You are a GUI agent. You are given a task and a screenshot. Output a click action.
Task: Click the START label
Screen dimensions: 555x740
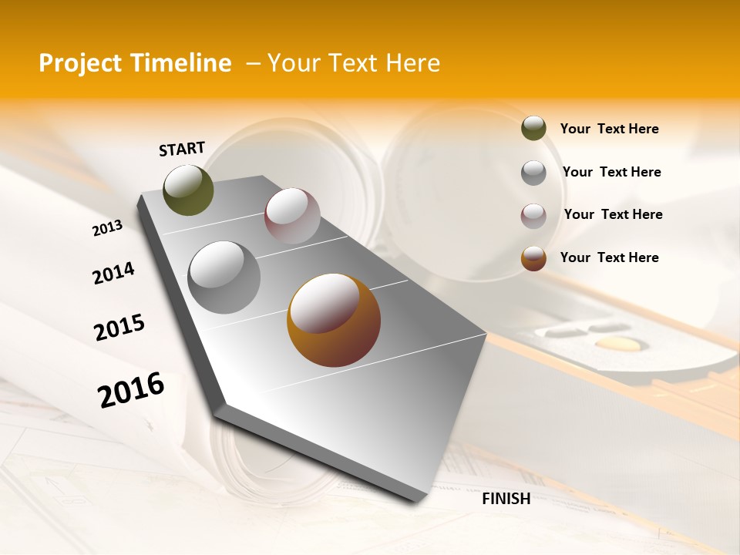tap(182, 149)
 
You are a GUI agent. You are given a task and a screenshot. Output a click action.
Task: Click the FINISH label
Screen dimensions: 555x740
tap(506, 498)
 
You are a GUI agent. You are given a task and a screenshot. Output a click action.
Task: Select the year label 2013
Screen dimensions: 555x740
tap(107, 228)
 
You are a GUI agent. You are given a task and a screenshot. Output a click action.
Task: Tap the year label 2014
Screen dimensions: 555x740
tap(113, 273)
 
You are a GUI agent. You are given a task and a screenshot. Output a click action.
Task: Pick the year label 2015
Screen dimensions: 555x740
tap(119, 328)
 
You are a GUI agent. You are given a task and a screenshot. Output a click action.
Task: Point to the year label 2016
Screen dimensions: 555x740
tap(131, 389)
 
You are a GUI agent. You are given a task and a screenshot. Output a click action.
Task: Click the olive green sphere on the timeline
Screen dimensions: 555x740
tap(188, 190)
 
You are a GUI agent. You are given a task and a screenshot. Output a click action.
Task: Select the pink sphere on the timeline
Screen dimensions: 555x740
tap(292, 216)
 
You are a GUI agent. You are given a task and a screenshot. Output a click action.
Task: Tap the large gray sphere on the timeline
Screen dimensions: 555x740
tap(224, 277)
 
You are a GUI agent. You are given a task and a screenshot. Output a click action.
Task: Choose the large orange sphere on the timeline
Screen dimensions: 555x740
tap(334, 320)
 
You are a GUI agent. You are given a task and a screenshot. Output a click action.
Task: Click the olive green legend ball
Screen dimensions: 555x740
tap(533, 129)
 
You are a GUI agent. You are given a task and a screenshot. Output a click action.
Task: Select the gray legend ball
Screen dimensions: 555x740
tap(533, 173)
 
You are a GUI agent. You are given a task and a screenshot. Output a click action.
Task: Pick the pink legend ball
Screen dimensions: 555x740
tap(533, 216)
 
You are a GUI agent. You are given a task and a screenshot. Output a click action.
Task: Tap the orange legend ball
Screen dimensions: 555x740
tap(533, 258)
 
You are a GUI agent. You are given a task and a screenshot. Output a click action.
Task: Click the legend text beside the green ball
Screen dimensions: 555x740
tap(609, 129)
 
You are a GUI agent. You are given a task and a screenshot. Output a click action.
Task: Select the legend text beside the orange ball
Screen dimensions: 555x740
tap(609, 257)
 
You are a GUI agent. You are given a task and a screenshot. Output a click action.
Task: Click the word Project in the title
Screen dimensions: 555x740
tap(80, 63)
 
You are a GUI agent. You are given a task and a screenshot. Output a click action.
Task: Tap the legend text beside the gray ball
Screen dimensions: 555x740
tap(611, 172)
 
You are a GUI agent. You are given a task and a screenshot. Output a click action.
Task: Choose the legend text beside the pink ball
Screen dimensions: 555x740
tap(613, 214)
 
